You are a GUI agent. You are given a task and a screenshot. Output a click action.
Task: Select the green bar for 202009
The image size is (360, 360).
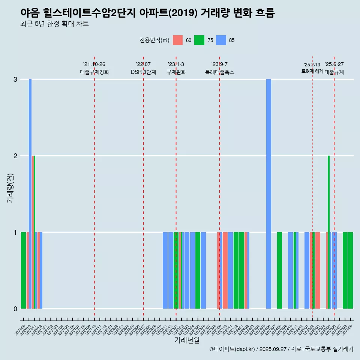point(23,270)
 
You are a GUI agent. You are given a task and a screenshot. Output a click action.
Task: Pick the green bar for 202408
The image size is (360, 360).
point(279,270)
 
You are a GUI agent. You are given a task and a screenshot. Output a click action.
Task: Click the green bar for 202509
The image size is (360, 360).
point(350,270)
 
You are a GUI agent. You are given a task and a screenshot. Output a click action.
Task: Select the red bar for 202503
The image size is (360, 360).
point(318,270)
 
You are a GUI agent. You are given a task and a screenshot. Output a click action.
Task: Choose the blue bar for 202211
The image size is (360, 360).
point(165,270)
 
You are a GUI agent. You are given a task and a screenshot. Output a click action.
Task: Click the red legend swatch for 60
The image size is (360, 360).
point(178,40)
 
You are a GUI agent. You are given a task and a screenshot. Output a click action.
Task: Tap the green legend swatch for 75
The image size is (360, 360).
point(199,40)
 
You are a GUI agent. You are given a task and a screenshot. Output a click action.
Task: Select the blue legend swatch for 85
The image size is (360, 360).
point(221,40)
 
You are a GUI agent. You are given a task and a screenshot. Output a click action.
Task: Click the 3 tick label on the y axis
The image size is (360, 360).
point(15,79)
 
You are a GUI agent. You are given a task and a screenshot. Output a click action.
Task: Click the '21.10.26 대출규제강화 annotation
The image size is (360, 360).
point(94,68)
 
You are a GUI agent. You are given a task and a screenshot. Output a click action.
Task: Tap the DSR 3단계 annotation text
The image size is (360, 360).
point(143,72)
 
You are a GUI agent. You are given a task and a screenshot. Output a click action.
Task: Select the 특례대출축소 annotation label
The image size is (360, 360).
point(219,72)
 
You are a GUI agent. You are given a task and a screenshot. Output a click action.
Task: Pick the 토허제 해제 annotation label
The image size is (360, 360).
point(312,71)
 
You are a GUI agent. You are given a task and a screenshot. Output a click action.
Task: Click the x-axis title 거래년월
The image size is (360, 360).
point(187,340)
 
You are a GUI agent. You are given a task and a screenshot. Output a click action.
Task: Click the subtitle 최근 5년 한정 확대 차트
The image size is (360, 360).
point(54,24)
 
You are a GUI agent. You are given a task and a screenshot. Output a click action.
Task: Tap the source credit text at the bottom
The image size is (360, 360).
point(281,349)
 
